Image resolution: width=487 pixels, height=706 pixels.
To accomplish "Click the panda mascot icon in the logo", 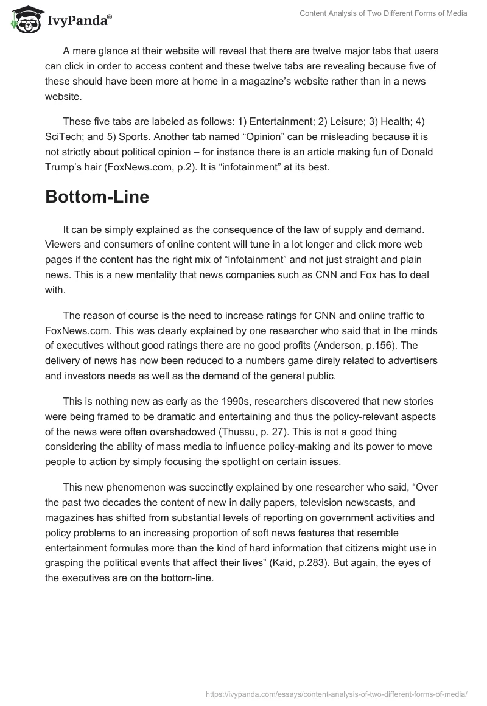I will [25, 20].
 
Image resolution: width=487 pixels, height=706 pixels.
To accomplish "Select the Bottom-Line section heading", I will [97, 198].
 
